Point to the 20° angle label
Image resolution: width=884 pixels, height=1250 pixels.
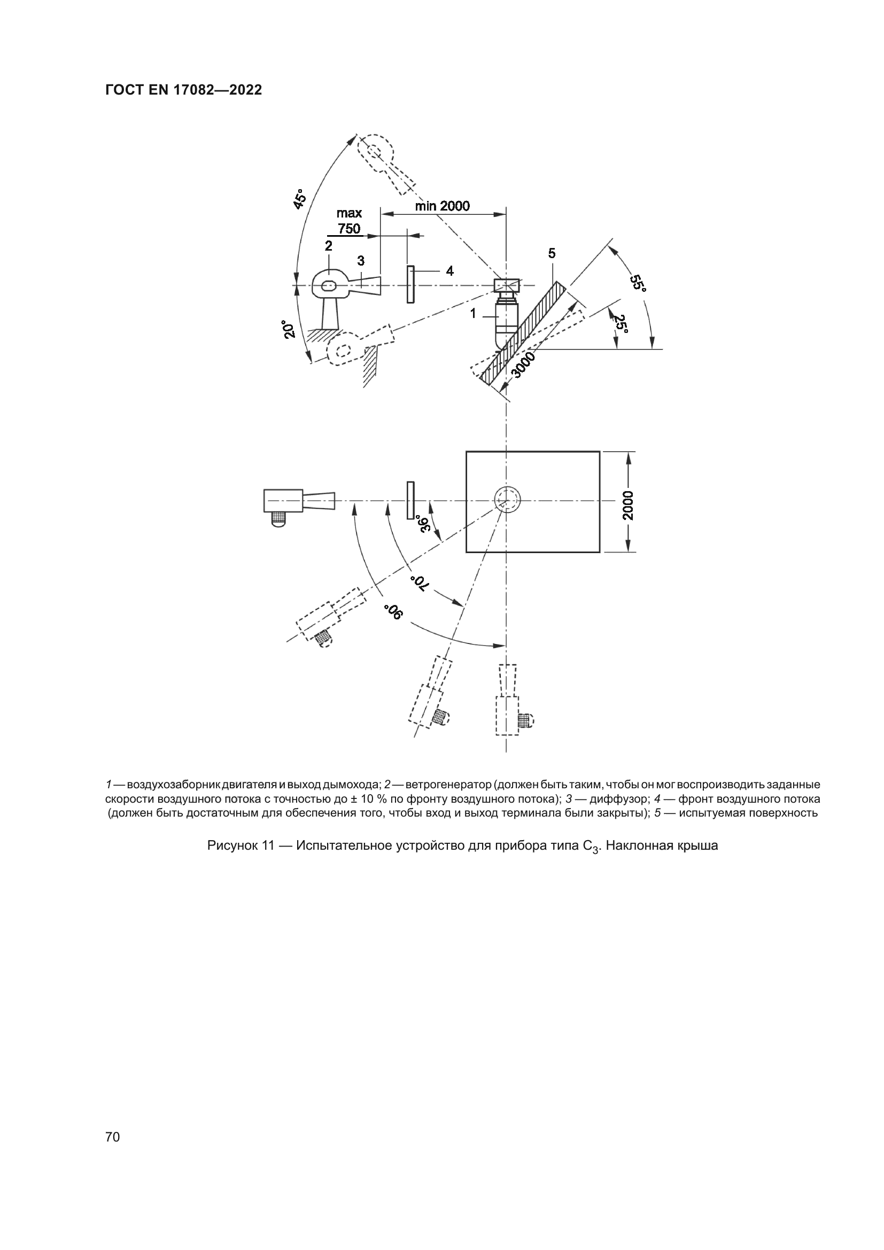(289, 330)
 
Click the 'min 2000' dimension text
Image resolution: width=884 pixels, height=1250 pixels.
(442, 206)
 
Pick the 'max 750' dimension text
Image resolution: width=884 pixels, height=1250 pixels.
(349, 221)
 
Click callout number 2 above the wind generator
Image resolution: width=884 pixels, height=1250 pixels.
(328, 245)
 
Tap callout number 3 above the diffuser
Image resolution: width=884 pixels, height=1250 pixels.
(361, 261)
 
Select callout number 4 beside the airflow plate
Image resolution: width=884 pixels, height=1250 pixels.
(449, 270)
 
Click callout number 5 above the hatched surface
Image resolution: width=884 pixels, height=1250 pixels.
(552, 253)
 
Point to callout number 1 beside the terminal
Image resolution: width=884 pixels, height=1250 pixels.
(474, 313)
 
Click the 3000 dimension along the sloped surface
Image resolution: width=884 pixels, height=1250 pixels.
(524, 365)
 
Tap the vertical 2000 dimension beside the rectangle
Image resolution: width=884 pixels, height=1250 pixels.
(628, 504)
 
